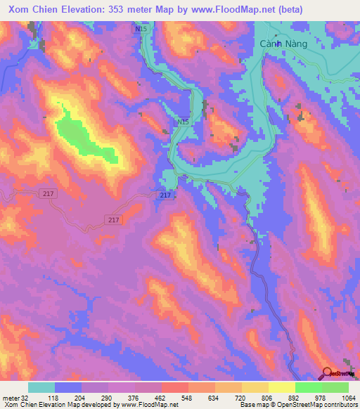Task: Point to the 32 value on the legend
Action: (27, 398)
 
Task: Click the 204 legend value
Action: (82, 398)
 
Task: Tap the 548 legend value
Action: (188, 398)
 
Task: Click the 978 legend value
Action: (321, 398)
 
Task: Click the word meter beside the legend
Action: (11, 398)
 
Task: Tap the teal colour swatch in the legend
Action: (41, 387)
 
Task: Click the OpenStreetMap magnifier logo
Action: (326, 372)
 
